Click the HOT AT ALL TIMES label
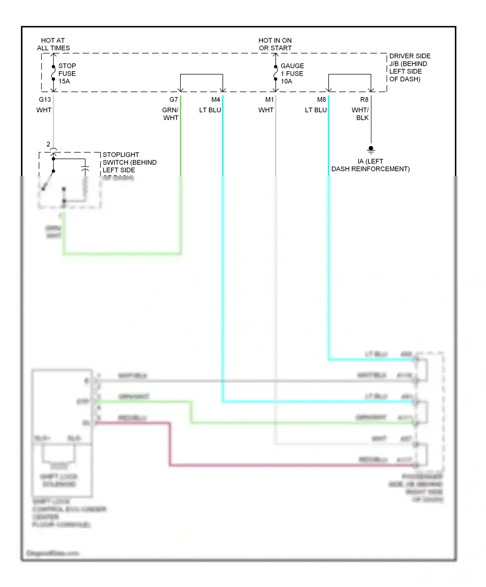pos(53,44)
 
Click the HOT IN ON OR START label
pos(275,44)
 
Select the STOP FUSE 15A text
pos(67,73)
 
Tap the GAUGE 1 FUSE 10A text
pos(292,73)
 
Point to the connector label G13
pos(45,100)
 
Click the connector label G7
pos(174,100)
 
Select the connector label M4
pos(215,100)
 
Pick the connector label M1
pos(269,100)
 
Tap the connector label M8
pos(321,100)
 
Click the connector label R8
pos(364,100)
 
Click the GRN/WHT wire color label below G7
pos(170,114)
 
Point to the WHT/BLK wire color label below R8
pos(361,114)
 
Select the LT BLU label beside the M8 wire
pos(316,110)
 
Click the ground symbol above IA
pos(371,150)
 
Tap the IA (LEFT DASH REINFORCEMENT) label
pos(370,165)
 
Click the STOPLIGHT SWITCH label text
pos(129,162)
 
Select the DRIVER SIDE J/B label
pos(410,68)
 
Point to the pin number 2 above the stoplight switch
pos(48,144)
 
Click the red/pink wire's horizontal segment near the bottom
pos(292,465)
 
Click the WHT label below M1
pos(266,110)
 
